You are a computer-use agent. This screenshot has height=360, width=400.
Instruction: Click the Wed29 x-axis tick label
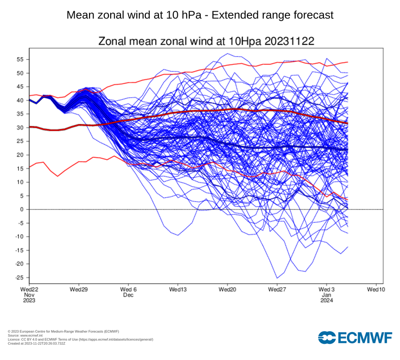[x=78, y=289]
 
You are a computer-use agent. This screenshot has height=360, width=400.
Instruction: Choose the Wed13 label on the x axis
[x=178, y=289]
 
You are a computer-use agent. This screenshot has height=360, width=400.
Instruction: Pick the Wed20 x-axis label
[x=227, y=289]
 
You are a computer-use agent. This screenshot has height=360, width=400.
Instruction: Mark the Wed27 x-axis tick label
[x=277, y=289]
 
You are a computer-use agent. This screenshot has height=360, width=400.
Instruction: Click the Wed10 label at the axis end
[x=376, y=289]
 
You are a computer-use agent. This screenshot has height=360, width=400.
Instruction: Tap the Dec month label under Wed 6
[x=128, y=295]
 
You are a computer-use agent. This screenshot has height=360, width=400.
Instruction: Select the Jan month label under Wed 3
[x=327, y=295]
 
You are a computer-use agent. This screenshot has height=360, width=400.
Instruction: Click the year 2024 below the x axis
[x=327, y=301]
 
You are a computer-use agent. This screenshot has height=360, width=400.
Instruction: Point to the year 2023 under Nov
[x=29, y=301]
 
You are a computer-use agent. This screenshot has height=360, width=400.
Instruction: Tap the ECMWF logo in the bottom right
[x=355, y=337]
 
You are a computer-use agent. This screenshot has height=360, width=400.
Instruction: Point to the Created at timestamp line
[x=36, y=343]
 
